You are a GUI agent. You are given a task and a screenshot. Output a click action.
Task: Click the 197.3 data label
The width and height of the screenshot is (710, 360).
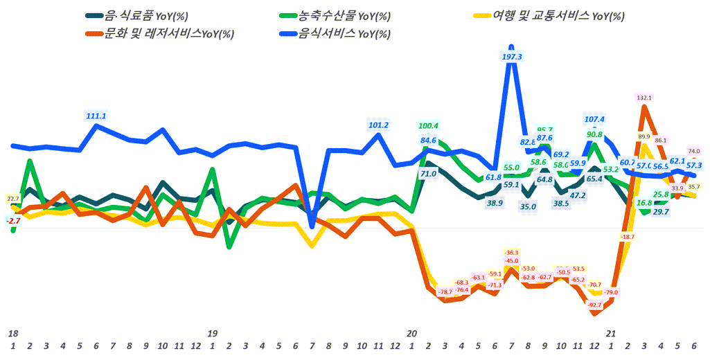(511, 57)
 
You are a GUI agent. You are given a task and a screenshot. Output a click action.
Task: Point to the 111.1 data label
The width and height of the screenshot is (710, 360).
(96, 116)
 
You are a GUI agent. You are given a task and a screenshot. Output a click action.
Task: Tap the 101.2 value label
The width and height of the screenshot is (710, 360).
(378, 125)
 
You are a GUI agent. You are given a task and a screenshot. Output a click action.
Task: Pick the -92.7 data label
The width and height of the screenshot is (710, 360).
(593, 305)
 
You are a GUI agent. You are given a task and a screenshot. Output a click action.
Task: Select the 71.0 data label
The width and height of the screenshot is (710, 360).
(428, 174)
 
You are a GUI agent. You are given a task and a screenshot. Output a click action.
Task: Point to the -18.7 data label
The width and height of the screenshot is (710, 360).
(628, 237)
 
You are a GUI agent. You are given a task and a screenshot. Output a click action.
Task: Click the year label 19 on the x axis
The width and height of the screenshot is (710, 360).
(213, 333)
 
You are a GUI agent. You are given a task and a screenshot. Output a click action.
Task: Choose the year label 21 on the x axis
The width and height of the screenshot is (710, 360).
(610, 333)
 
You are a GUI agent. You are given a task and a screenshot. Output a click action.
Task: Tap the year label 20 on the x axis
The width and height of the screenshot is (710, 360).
(411, 333)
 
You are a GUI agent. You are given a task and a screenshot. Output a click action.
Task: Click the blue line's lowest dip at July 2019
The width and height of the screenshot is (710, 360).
(312, 225)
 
